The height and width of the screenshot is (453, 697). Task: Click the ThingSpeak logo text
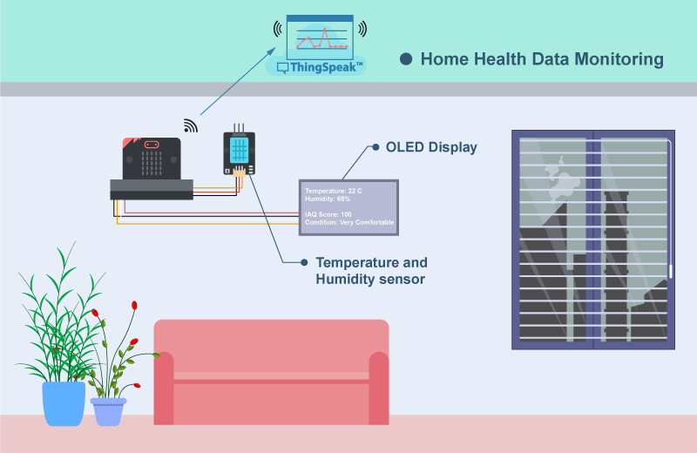click(x=323, y=68)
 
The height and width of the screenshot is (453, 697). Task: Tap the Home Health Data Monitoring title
click(x=542, y=59)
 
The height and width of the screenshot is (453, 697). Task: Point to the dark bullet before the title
click(x=406, y=58)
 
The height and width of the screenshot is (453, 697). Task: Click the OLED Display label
click(x=431, y=147)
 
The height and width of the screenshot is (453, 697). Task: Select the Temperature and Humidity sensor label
click(x=372, y=271)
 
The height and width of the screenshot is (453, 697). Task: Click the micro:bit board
click(x=152, y=159)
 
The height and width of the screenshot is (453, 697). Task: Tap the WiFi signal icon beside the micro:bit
click(x=190, y=125)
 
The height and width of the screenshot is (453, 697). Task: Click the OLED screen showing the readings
click(x=349, y=207)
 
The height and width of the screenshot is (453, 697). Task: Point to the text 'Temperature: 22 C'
click(x=334, y=191)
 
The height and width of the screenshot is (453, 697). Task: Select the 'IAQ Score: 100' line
click(x=328, y=214)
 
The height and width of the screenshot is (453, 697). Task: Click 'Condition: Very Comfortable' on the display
click(x=349, y=222)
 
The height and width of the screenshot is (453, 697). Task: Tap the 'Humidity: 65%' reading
click(x=328, y=199)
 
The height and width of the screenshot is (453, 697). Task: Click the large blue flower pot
click(x=64, y=403)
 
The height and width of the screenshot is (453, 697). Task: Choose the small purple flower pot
click(x=108, y=412)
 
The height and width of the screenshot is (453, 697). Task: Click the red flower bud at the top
click(x=134, y=305)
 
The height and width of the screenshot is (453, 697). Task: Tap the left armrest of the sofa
click(x=164, y=388)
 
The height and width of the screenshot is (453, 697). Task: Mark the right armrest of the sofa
click(x=379, y=388)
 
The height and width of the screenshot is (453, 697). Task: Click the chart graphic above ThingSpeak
click(x=320, y=37)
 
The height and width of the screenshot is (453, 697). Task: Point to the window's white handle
click(x=670, y=271)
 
